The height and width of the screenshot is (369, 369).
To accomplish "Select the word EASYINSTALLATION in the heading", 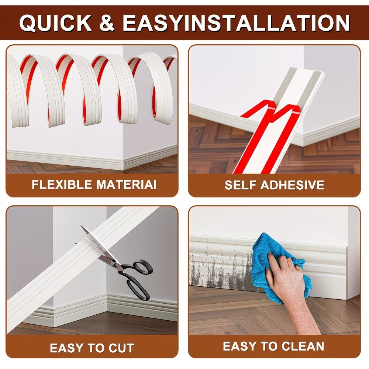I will point(236,23).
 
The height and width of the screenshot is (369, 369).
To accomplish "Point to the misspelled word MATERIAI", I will point(126,184).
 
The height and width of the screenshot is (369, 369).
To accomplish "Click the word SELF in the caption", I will point(240,185).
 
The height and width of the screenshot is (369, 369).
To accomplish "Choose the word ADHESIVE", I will point(293,185).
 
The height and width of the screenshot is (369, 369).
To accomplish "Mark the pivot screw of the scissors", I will point(115,263).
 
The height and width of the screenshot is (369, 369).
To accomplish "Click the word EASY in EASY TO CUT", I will point(66,348).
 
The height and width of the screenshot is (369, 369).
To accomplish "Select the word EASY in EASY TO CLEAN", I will point(239,346).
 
